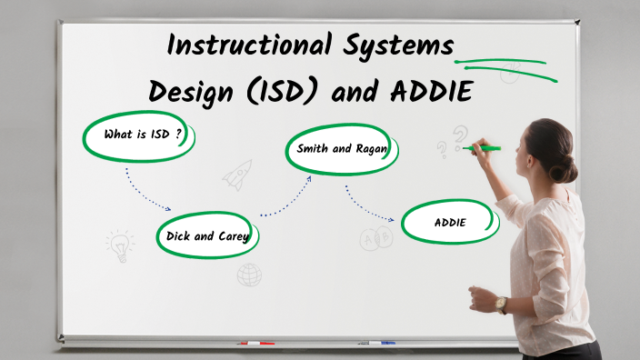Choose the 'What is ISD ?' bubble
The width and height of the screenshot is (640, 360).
[138, 135]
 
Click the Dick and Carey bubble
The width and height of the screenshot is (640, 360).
[207, 235]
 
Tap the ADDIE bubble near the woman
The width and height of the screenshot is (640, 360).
[450, 223]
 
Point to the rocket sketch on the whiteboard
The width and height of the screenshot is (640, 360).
[238, 174]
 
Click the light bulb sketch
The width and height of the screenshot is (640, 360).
[118, 243]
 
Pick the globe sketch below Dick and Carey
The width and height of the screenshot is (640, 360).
[249, 274]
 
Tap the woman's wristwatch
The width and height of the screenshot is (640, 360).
[502, 305]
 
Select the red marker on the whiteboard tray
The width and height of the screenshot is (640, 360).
[255, 344]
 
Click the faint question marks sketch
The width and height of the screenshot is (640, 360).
[453, 141]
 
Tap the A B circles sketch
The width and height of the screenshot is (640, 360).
[375, 238]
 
